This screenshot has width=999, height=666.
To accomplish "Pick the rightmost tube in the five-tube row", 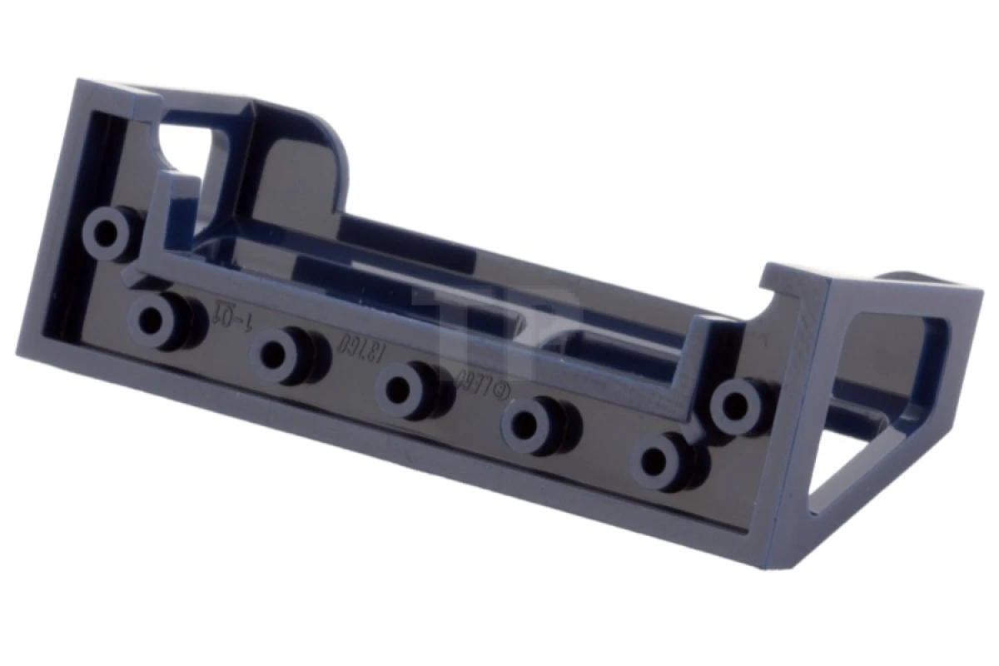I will (x=659, y=460).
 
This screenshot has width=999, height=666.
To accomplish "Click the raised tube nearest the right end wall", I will (x=736, y=406).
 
